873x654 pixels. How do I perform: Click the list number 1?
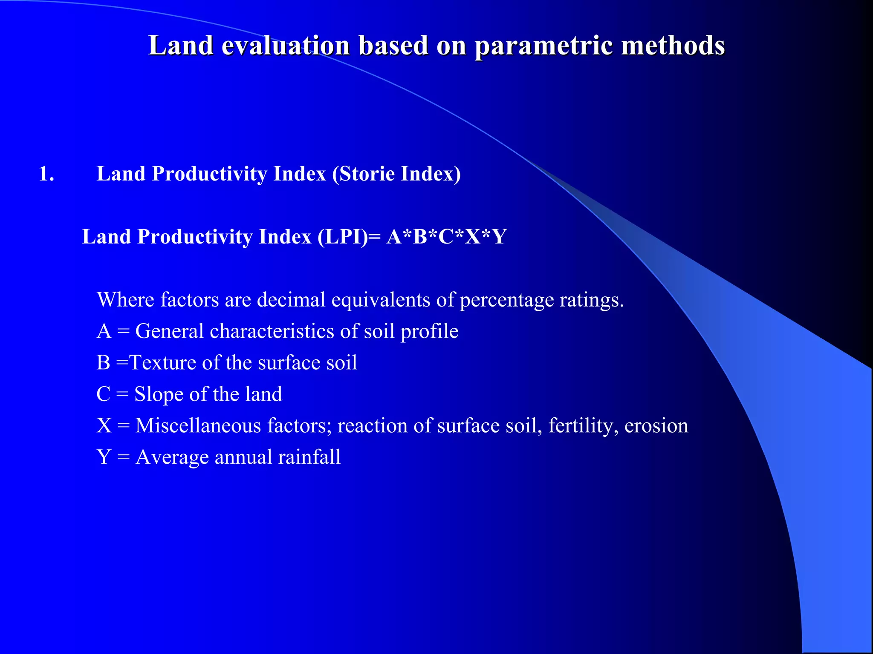pos(46,174)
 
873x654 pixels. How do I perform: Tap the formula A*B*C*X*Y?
pos(446,237)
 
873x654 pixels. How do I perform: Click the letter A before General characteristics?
pos(104,331)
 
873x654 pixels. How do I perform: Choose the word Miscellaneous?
pos(198,426)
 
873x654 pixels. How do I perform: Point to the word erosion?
pos(656,426)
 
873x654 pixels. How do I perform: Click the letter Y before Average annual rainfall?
pos(104,457)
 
